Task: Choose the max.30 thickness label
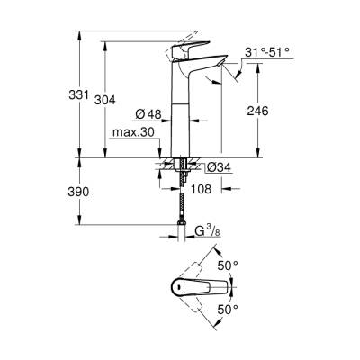[x=130, y=133]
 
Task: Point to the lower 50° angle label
[x=229, y=309]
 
